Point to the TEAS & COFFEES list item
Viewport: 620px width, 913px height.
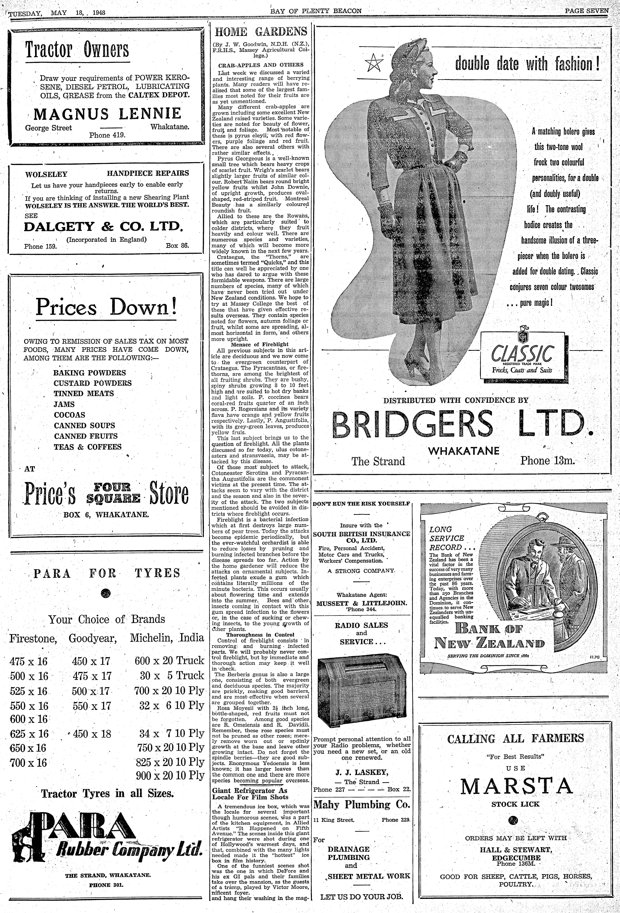88,447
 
